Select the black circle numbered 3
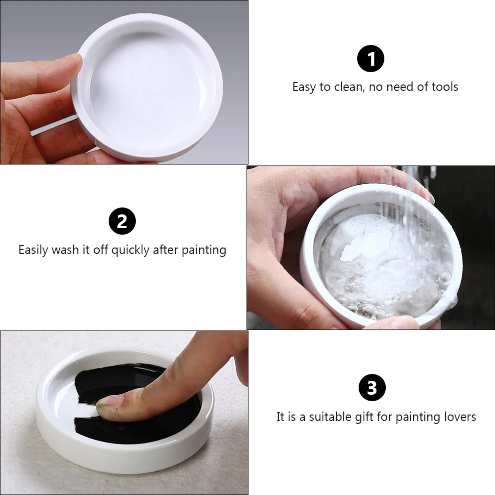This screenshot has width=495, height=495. point(371,388)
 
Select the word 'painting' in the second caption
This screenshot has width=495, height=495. point(204,250)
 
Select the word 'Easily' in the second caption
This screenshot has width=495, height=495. point(34,250)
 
